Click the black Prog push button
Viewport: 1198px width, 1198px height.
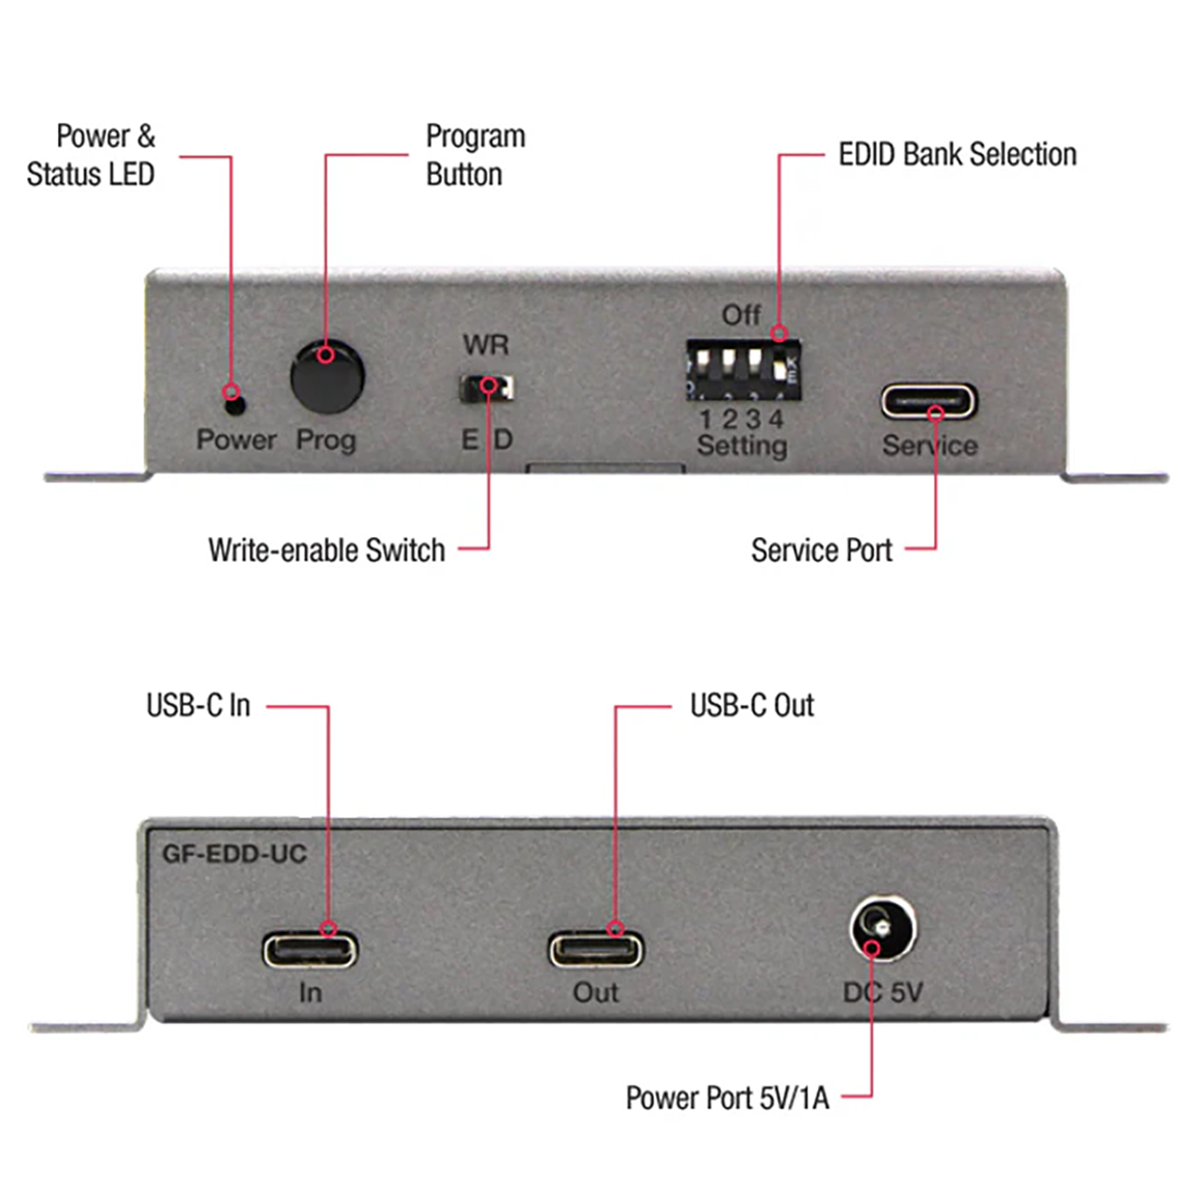pos(327,376)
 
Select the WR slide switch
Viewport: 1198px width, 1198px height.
pos(487,387)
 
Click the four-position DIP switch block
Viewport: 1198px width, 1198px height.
pos(743,369)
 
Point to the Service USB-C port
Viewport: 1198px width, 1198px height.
pos(928,402)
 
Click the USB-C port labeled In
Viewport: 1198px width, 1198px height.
pos(310,950)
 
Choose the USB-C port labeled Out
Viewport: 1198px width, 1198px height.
pos(596,950)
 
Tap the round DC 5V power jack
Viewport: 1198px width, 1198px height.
pos(883,928)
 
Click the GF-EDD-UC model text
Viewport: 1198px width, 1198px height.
pos(234,854)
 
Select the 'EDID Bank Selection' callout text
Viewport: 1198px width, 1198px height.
pos(957,154)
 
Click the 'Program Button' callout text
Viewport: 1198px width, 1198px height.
pos(475,155)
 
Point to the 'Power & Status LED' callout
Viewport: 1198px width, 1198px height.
pos(92,155)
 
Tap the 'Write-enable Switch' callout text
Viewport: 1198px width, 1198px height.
pos(327,550)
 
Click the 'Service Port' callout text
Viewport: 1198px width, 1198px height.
pos(821,550)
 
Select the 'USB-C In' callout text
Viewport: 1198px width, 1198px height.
pos(198,706)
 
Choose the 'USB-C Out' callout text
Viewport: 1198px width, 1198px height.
pos(752,706)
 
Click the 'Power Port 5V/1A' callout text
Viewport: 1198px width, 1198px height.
pos(727,1097)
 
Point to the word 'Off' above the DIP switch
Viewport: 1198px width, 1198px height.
pos(740,315)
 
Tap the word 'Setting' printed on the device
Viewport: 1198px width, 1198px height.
pos(741,446)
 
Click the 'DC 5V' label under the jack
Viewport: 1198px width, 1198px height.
pos(883,992)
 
